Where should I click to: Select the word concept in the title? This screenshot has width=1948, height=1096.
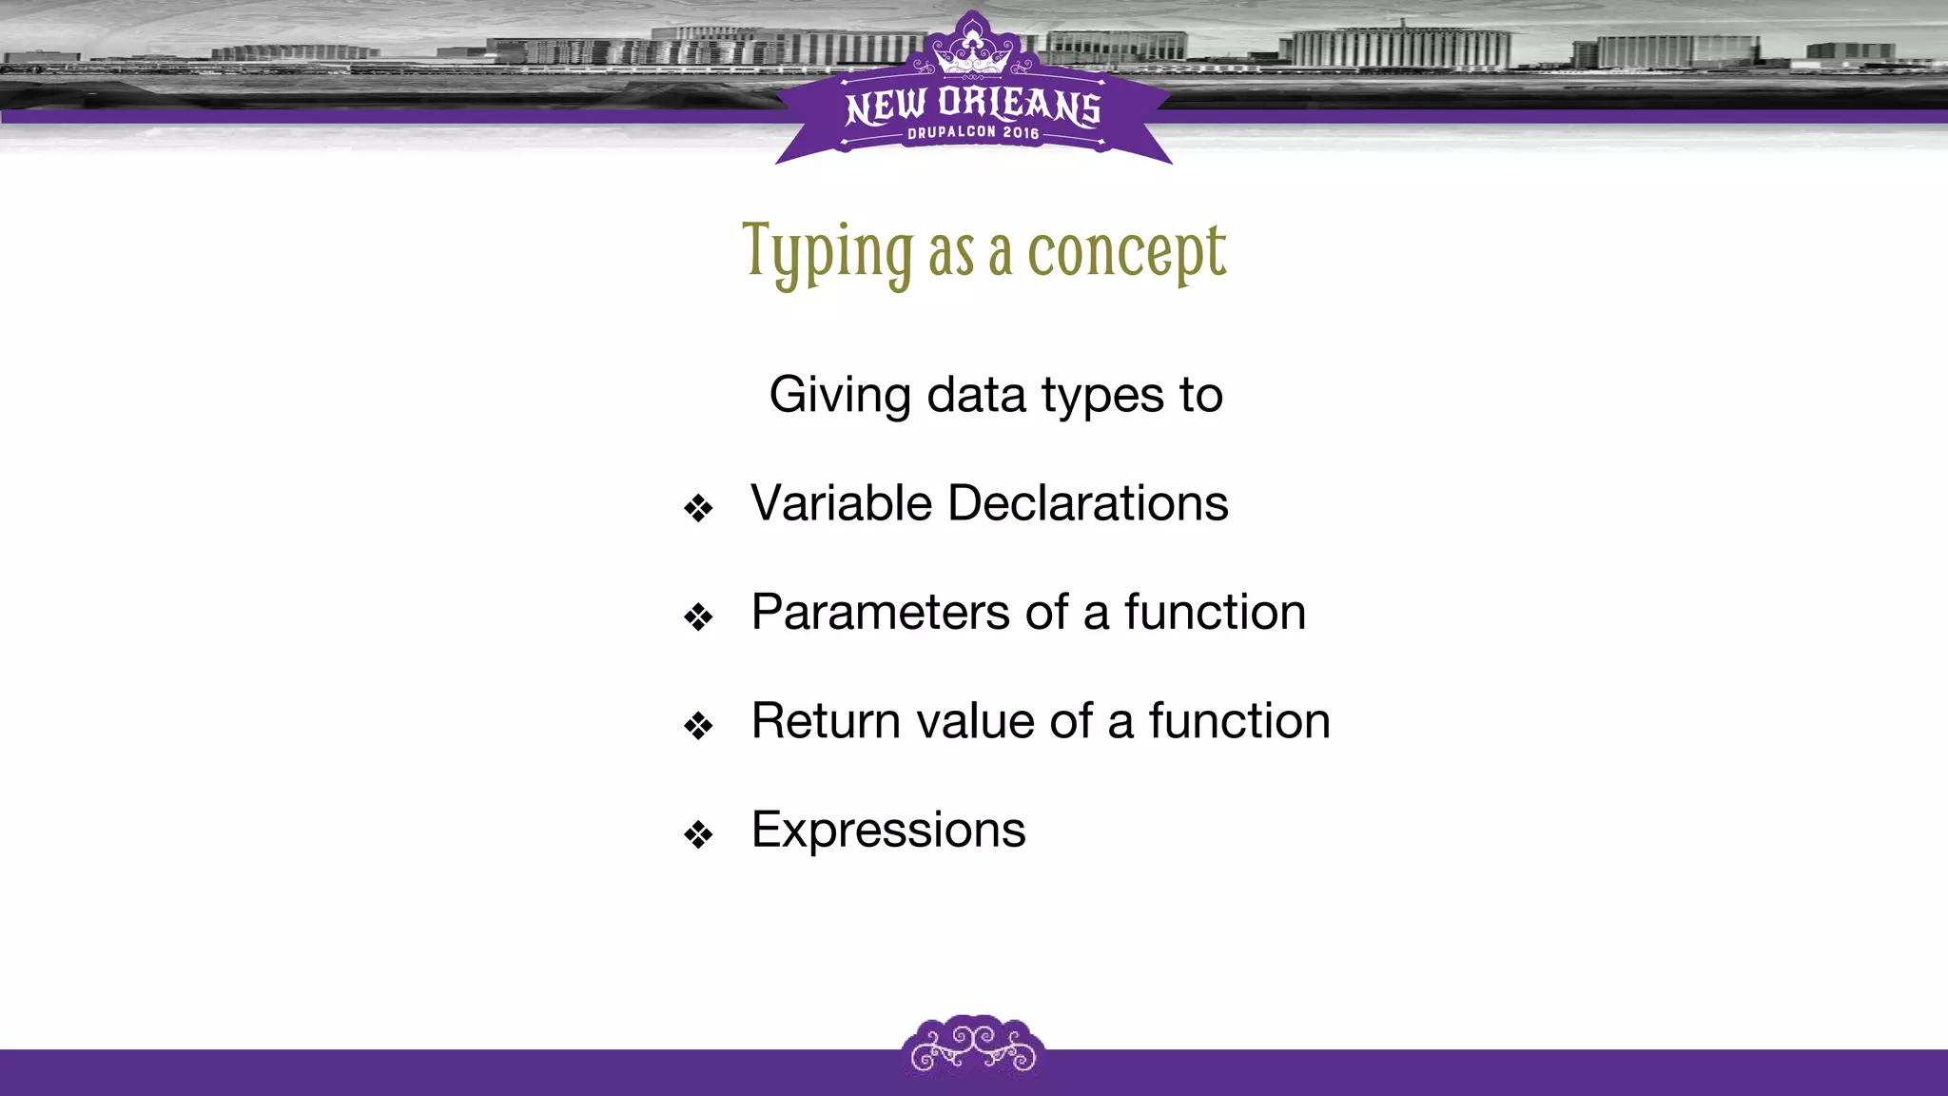(1127, 253)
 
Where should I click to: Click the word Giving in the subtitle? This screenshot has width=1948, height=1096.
(840, 395)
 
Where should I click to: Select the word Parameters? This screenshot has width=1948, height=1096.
(880, 612)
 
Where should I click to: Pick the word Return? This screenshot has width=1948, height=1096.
(826, 720)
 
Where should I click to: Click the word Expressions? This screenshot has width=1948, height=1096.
(888, 830)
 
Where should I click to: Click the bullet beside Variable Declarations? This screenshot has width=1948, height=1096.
(698, 508)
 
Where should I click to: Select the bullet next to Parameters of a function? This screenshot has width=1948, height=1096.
(698, 617)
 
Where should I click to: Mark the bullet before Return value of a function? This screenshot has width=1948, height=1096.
(698, 726)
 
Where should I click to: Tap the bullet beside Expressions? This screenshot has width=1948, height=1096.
(698, 835)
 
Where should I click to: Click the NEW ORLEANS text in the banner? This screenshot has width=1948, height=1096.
(973, 105)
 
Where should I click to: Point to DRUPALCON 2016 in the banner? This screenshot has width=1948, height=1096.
(973, 133)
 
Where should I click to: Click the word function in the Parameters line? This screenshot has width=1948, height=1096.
(1215, 612)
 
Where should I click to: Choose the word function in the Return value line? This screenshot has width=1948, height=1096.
(1238, 720)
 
